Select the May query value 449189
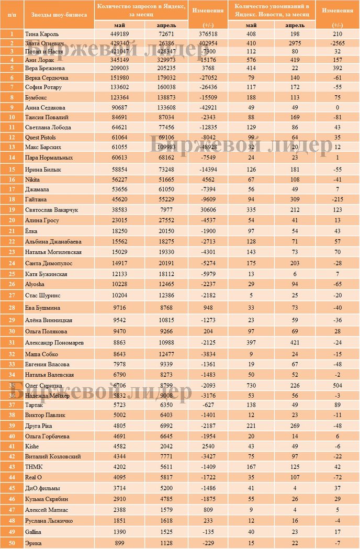120,34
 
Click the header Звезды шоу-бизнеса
59,15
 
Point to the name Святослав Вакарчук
51,209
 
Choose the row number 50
12,544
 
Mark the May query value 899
120,544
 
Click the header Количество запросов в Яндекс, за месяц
141,9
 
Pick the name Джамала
38,188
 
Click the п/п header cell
12,15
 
